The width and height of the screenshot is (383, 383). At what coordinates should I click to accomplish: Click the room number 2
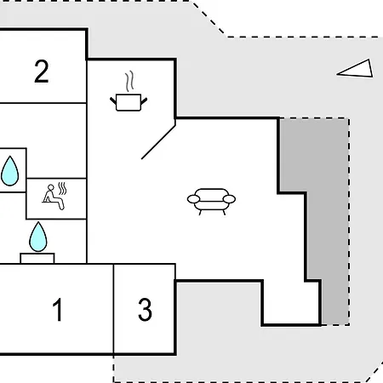click(42, 71)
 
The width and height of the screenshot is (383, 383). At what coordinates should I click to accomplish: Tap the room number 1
click(58, 310)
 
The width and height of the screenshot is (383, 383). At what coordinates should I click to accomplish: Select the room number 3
click(145, 310)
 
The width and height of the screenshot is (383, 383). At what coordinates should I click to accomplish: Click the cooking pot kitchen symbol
click(129, 102)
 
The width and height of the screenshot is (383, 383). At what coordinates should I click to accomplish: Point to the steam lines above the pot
click(129, 82)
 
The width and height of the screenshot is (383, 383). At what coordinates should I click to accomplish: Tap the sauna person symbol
click(54, 197)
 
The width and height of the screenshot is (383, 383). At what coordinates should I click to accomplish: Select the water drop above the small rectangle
click(38, 237)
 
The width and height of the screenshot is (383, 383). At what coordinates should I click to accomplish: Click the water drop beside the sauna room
click(10, 171)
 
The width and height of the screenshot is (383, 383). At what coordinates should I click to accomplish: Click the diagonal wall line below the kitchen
click(158, 142)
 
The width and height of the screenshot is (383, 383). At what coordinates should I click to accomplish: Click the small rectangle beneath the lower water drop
click(37, 258)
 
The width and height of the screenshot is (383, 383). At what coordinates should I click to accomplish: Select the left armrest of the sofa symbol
click(193, 199)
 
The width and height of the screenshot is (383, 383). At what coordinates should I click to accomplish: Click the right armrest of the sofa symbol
click(229, 199)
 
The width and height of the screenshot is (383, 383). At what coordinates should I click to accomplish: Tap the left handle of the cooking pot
click(113, 100)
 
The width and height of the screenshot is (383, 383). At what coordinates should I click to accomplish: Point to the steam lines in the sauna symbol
click(62, 188)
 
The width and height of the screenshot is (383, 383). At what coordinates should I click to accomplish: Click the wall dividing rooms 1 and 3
click(113, 309)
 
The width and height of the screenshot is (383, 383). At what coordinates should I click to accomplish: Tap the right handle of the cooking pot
click(144, 100)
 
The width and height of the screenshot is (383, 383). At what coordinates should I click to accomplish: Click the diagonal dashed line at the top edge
click(209, 19)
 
